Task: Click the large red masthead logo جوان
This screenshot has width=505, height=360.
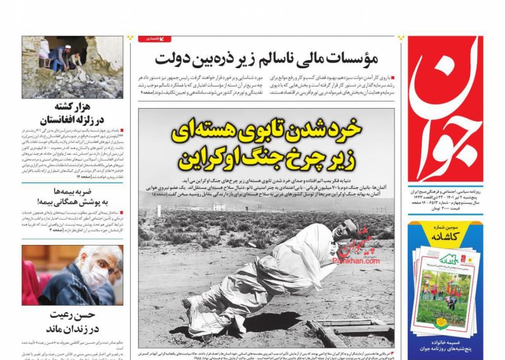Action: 444,107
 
